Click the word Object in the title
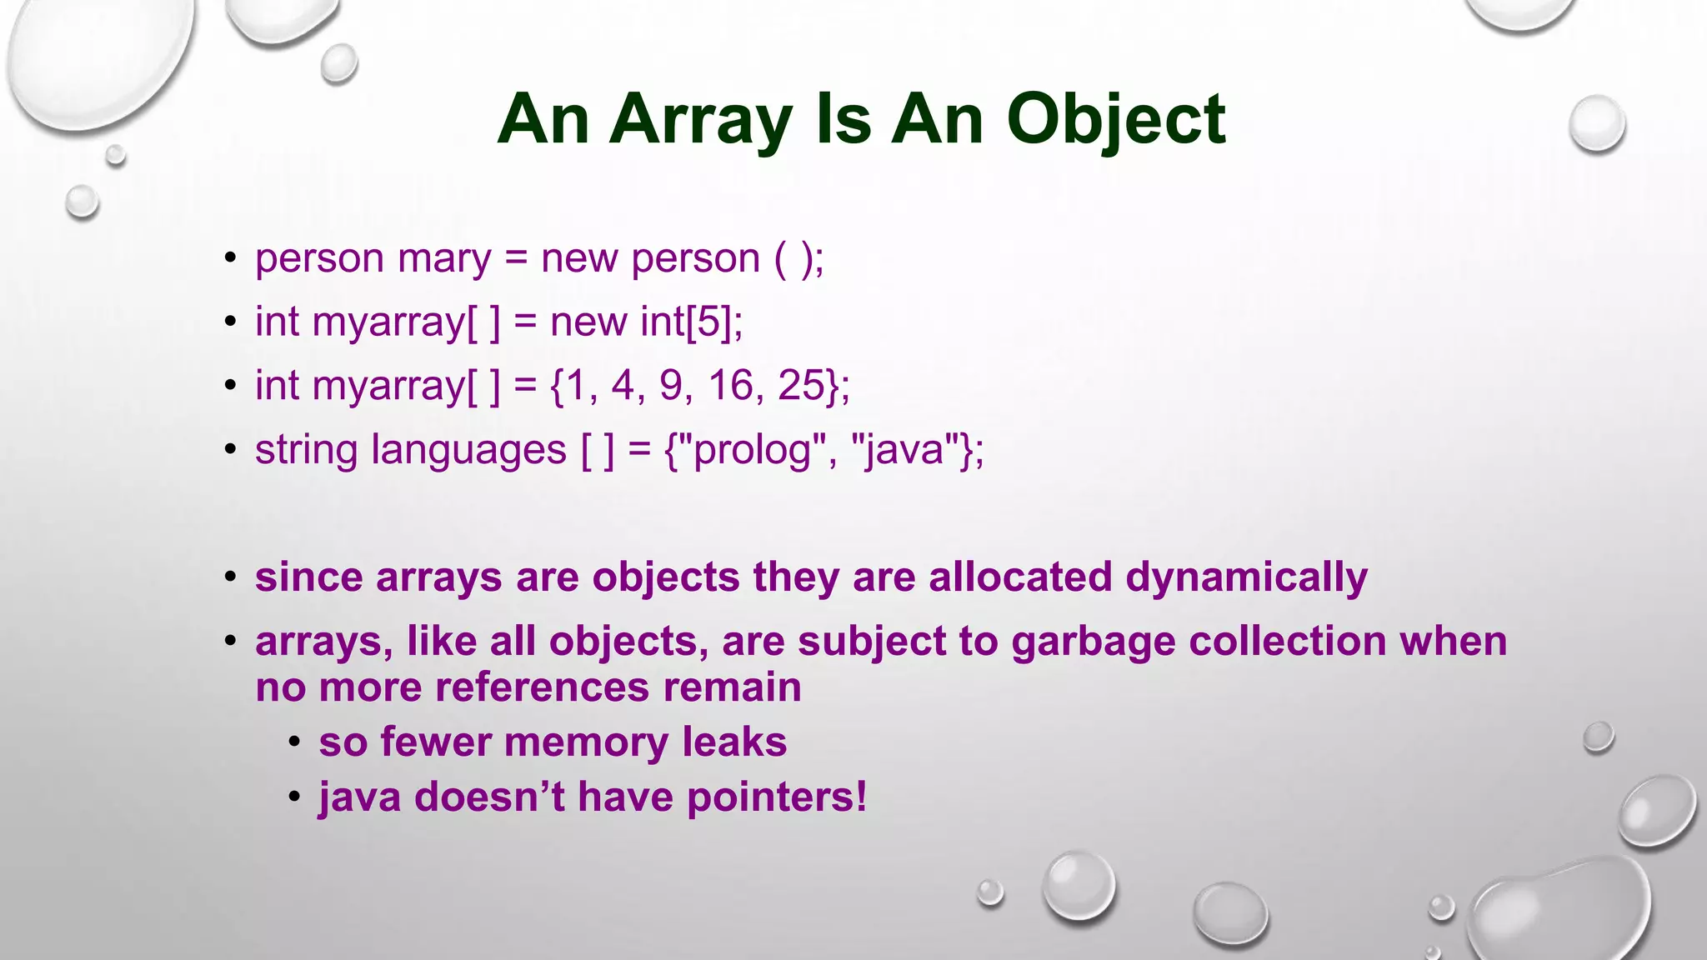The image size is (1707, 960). tap(1116, 119)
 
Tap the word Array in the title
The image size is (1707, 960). tap(700, 119)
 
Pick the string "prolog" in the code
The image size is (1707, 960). tap(753, 451)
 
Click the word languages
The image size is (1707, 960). tap(468, 451)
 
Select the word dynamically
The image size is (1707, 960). tap(1246, 577)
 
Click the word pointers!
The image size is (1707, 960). tap(777, 797)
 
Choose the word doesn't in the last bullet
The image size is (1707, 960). tap(489, 797)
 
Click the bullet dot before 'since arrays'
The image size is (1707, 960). tap(231, 577)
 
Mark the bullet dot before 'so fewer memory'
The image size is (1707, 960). tap(294, 742)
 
